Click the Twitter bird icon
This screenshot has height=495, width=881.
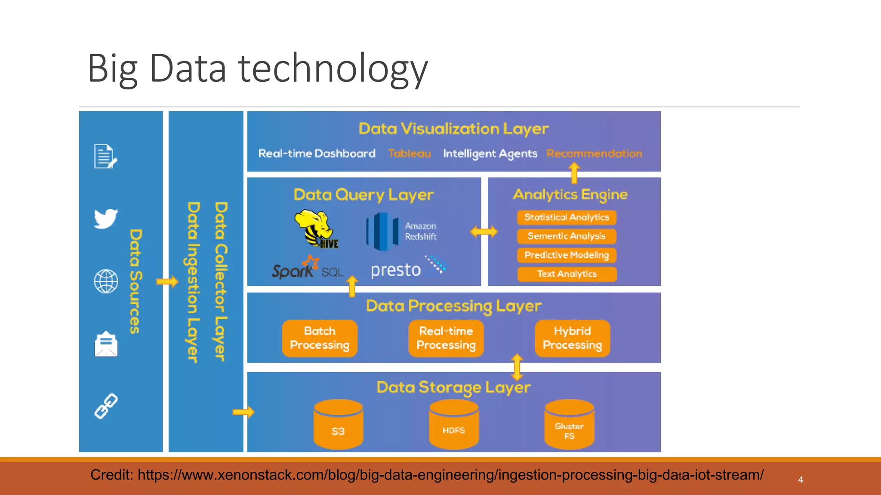click(106, 219)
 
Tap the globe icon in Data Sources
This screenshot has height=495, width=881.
click(106, 281)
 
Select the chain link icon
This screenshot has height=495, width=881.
click(106, 406)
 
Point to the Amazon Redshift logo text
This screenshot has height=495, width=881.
click(420, 231)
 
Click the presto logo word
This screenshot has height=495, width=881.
click(395, 270)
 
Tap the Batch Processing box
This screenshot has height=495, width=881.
click(320, 338)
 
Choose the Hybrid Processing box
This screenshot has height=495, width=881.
click(572, 338)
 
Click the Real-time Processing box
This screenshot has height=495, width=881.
click(446, 338)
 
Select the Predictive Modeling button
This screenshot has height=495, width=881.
click(567, 255)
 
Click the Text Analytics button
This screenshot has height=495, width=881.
click(567, 274)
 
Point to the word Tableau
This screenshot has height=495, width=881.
click(409, 153)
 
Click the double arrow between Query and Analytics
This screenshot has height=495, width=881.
click(484, 232)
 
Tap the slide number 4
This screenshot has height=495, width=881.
click(801, 480)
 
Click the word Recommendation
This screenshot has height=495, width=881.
click(594, 153)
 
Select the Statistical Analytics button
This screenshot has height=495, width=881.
click(567, 217)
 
